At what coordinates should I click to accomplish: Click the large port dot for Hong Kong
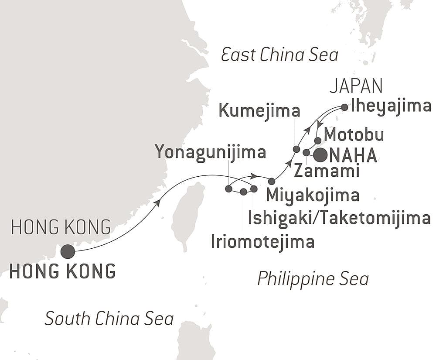[x=68, y=252]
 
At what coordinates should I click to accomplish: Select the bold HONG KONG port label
[x=62, y=271]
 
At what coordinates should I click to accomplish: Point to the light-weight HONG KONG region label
[x=61, y=227]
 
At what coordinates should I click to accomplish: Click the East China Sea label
[x=279, y=55]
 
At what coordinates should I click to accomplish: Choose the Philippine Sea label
[x=313, y=278]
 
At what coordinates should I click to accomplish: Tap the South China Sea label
[x=109, y=319]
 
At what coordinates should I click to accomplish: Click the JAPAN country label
[x=356, y=86]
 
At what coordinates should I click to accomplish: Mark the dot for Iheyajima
[x=344, y=107]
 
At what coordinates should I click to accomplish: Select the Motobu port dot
[x=318, y=141]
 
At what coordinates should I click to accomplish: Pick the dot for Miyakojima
[x=272, y=181]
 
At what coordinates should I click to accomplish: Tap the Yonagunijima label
[x=211, y=153]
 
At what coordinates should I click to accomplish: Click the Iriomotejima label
[x=262, y=241]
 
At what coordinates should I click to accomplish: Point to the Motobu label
[x=354, y=135]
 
